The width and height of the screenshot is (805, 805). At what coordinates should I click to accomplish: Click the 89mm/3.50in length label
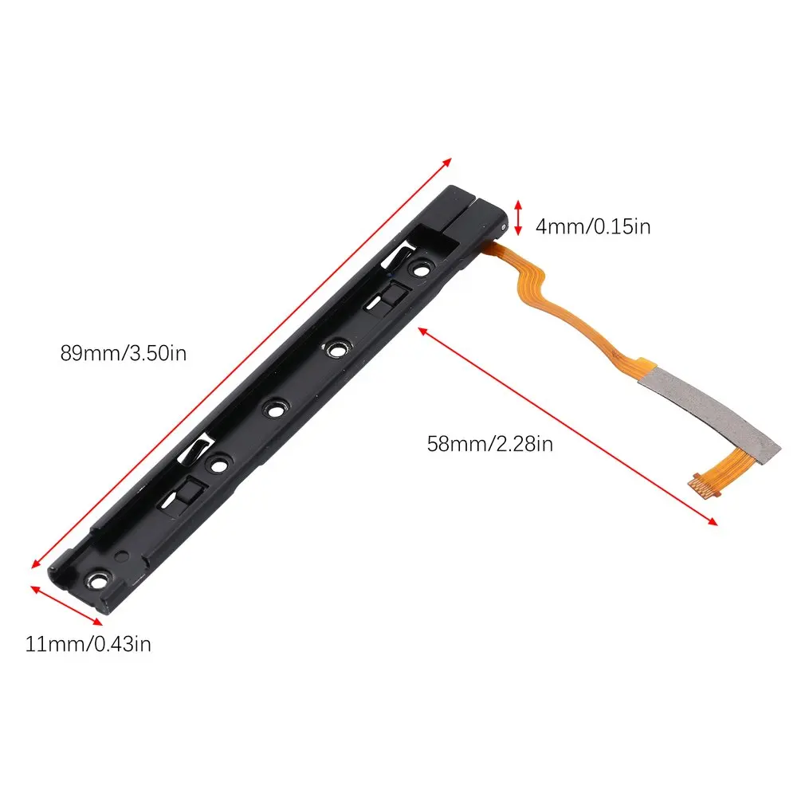point(124,352)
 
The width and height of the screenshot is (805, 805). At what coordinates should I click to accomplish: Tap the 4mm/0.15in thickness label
point(592,227)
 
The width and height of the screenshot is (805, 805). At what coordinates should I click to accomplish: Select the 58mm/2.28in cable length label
point(489,444)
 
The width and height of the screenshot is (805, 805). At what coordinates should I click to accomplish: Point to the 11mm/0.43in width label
point(88,644)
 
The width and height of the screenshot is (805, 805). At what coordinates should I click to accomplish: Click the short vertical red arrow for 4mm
point(518,217)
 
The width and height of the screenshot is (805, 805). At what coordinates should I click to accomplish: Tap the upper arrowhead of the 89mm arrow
point(447,159)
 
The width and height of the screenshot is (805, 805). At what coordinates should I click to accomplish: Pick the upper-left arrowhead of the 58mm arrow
point(419,328)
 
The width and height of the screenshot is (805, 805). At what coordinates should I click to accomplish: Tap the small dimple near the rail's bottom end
point(120,556)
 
